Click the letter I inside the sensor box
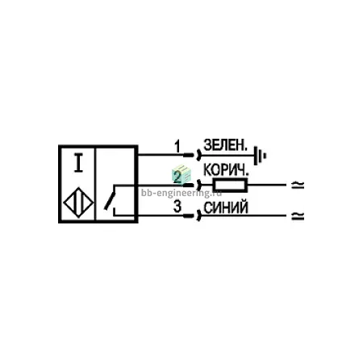coord(78,162)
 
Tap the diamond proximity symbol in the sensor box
coord(78,202)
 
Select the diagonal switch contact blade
coord(110,201)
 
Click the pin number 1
coord(177,147)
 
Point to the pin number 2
coord(177,177)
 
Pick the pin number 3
coord(177,207)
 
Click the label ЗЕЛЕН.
coord(225,145)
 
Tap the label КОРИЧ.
coord(226,170)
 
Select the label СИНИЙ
coord(226,207)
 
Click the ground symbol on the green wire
coord(260,156)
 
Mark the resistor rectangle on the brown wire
coord(230,186)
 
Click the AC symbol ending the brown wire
coord(298,185)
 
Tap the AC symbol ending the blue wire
coord(298,215)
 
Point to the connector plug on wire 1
coord(192,155)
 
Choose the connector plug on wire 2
coord(192,186)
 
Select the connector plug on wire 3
coord(192,215)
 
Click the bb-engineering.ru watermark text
coord(181,193)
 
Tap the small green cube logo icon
coord(181,174)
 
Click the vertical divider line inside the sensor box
coord(95,184)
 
